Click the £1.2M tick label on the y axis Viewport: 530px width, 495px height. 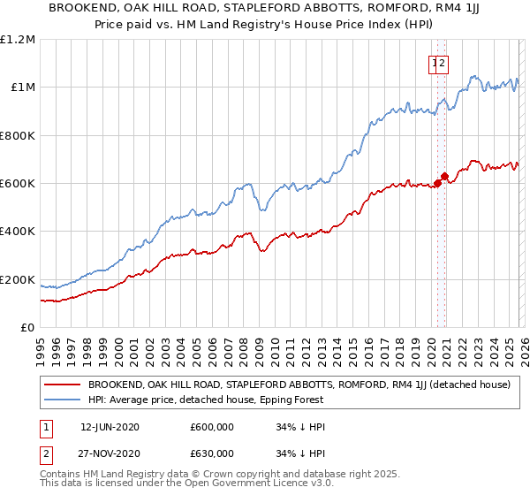point(18,39)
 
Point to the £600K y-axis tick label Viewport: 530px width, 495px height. point(18,184)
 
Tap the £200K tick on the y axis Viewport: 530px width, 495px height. point(18,280)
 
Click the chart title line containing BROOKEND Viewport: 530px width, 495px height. point(265,9)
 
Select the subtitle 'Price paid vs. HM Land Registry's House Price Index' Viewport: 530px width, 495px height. point(265,26)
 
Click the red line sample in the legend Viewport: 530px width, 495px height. point(61,385)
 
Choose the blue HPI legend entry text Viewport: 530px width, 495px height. point(206,400)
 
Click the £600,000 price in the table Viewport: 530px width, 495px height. point(213,426)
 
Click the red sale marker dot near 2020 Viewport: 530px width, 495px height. point(437,183)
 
